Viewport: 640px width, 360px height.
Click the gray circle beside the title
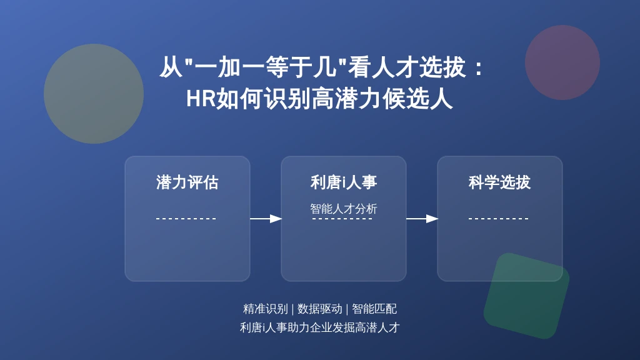[x=94, y=94]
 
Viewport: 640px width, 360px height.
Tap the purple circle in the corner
[x=562, y=62]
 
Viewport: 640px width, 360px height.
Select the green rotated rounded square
[x=526, y=296]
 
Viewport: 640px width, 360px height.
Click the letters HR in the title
[x=201, y=99]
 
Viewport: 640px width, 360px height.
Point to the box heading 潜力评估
[x=187, y=182]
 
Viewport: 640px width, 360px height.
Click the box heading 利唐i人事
[x=344, y=182]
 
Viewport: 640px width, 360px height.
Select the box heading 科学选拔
[x=499, y=182]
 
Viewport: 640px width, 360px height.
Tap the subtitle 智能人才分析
[x=344, y=209]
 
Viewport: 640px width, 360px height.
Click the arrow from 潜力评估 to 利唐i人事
[x=266, y=219]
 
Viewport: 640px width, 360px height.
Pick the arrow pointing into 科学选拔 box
[x=422, y=219]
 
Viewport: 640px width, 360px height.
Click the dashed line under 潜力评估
[x=186, y=219]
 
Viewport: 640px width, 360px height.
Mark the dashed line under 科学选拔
[x=498, y=219]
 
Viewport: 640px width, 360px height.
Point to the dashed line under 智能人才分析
[x=342, y=219]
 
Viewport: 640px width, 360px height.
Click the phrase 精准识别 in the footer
[x=265, y=309]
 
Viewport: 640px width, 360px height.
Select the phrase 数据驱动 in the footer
[x=319, y=309]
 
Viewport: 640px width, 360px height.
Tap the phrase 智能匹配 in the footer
[x=374, y=309]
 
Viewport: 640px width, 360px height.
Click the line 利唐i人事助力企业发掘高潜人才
[x=319, y=327]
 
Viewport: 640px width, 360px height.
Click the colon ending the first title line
[x=479, y=67]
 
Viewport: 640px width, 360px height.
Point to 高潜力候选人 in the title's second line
[x=382, y=99]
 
